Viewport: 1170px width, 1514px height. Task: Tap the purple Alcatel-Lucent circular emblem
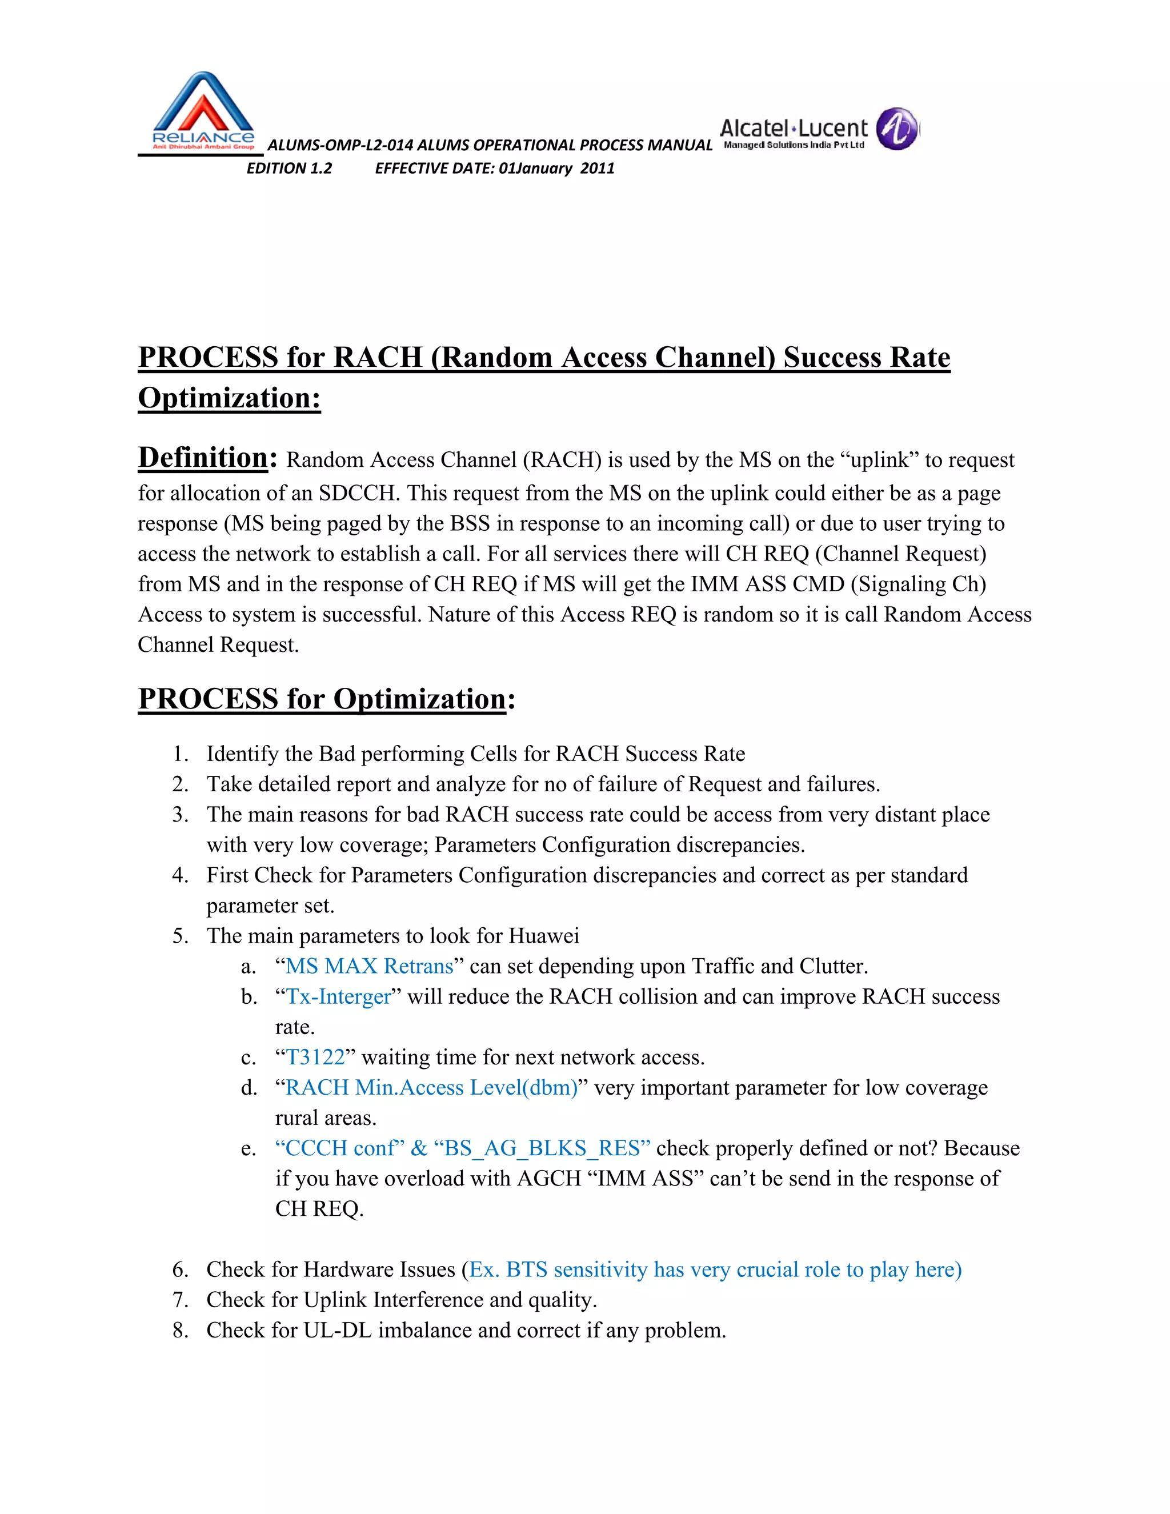[x=897, y=129]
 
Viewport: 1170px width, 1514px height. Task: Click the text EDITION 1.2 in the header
[x=289, y=169]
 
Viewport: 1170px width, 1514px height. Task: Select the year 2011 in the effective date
[x=598, y=169]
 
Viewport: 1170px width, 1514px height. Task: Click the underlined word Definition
[x=203, y=458]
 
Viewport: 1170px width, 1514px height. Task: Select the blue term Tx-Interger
[x=338, y=996]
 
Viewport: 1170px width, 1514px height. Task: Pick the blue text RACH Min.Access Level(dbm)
[x=431, y=1088]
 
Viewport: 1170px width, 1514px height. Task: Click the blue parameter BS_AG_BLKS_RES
[x=542, y=1149]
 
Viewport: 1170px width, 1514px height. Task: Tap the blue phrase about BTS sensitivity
[x=715, y=1269]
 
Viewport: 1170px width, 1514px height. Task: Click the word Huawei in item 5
[x=543, y=936]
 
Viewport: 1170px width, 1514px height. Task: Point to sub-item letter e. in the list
[x=248, y=1149]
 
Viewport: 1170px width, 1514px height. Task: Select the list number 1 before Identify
[x=179, y=754]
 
